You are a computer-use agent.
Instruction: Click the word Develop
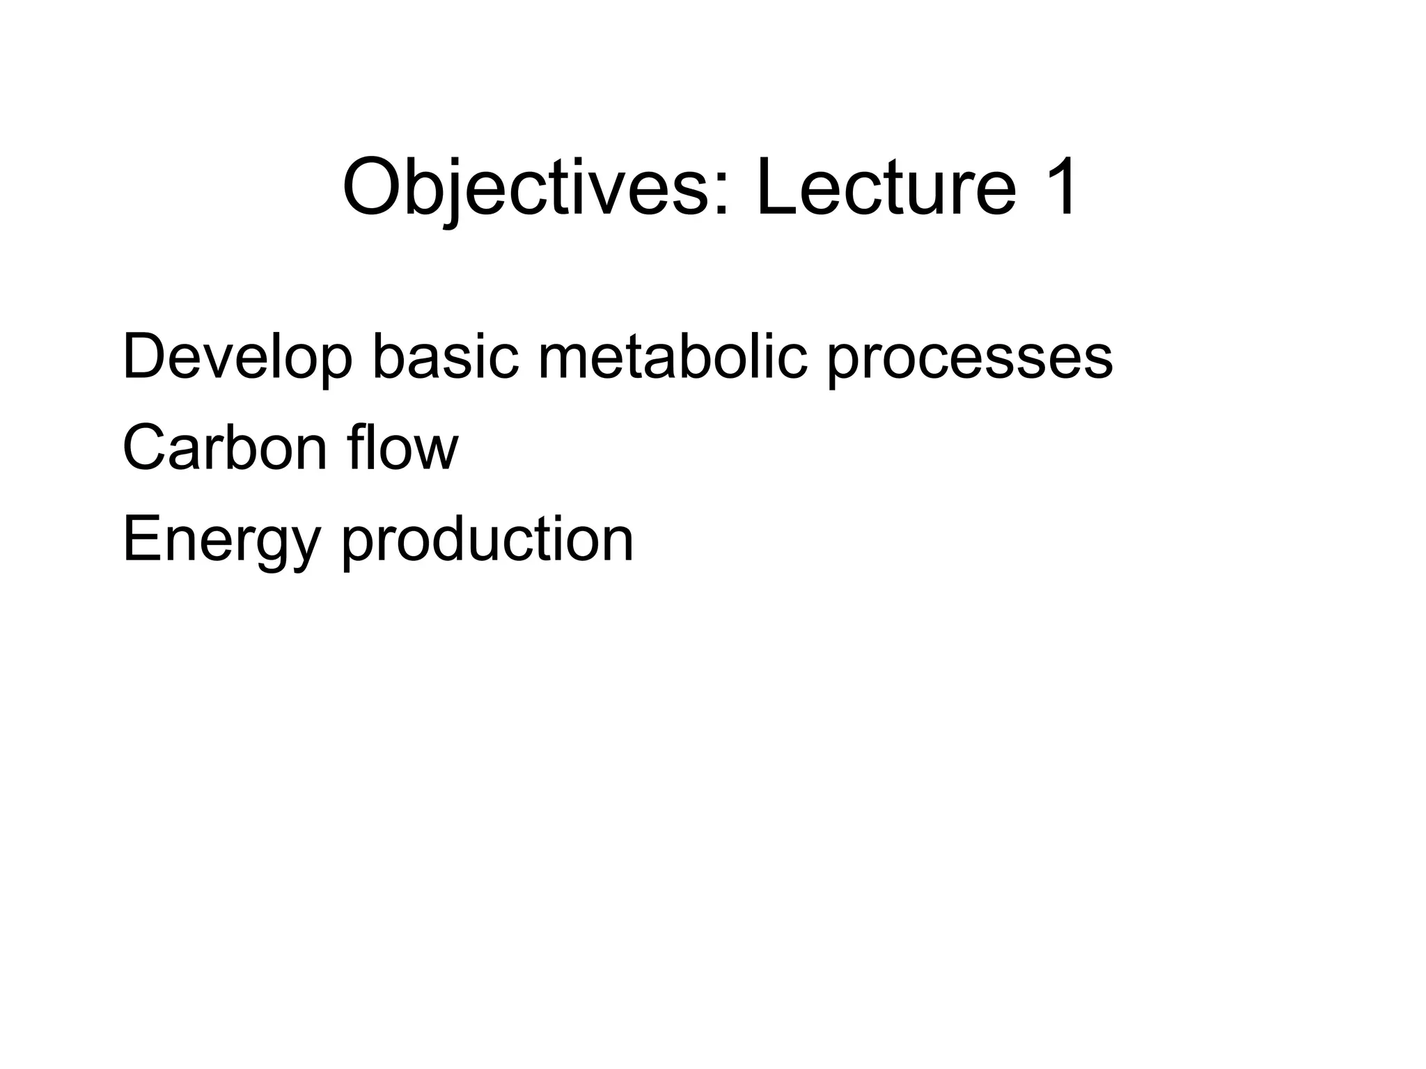(x=237, y=358)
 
